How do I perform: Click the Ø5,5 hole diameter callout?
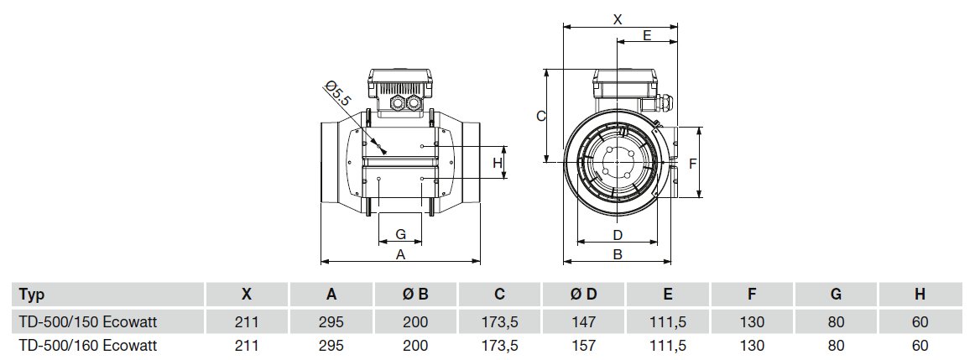click(339, 94)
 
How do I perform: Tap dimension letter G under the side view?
click(400, 232)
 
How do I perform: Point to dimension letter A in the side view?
click(400, 253)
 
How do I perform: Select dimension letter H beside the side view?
click(497, 162)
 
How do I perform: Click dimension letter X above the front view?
click(618, 18)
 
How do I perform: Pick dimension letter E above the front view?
click(647, 35)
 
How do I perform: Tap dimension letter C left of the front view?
click(541, 116)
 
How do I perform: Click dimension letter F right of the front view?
click(693, 163)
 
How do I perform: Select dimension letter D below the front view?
click(617, 234)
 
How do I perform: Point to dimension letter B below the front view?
click(617, 254)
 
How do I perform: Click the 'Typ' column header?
click(31, 295)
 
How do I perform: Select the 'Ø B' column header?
click(415, 295)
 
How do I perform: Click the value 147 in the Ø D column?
click(584, 321)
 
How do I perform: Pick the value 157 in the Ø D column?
click(584, 345)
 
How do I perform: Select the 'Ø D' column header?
click(584, 295)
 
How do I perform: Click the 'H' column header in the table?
click(920, 295)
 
